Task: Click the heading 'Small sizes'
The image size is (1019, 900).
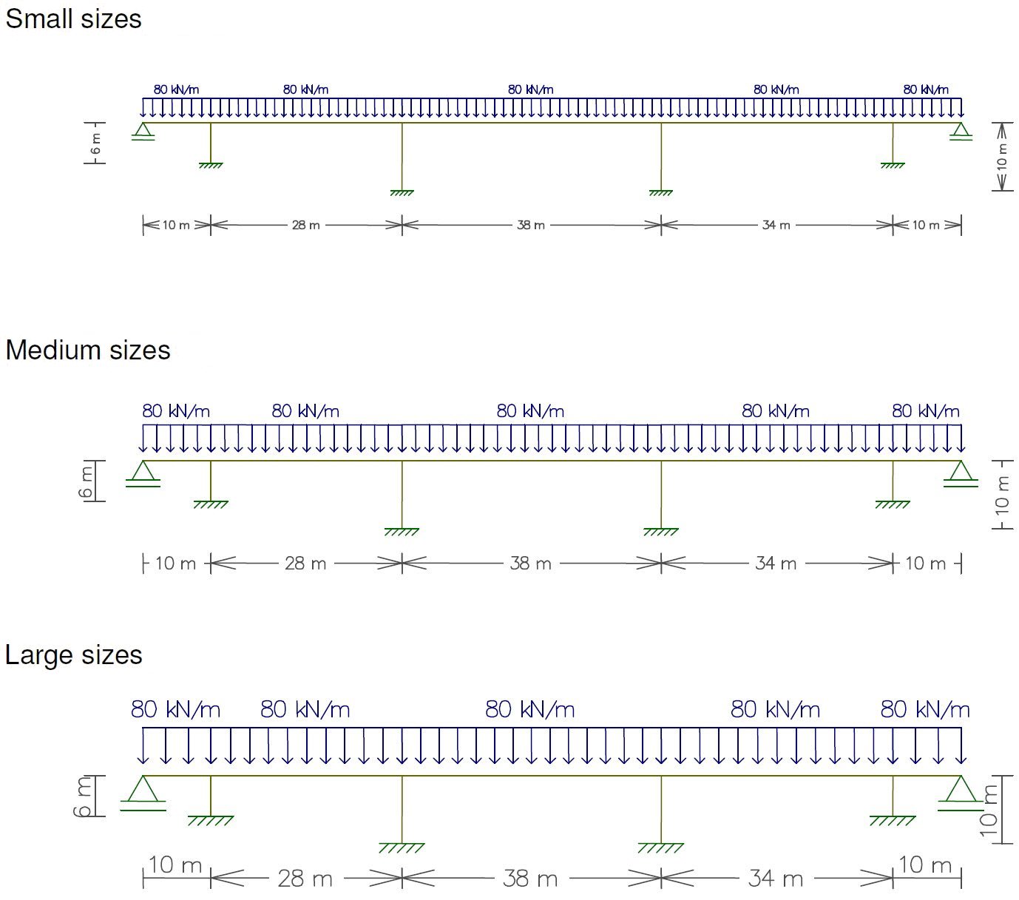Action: click(73, 19)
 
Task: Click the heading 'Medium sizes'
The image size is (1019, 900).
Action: click(87, 350)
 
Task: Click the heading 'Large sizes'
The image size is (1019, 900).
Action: click(73, 655)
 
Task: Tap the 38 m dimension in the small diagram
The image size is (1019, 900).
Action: click(530, 225)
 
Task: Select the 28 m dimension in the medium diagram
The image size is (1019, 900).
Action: click(305, 564)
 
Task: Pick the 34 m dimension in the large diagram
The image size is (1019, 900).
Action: click(775, 879)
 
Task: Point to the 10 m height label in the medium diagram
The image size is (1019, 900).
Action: click(1002, 494)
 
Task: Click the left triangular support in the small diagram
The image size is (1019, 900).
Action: click(143, 131)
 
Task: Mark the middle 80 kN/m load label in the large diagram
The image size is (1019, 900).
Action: click(529, 710)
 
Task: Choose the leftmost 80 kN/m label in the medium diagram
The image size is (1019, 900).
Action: click(176, 411)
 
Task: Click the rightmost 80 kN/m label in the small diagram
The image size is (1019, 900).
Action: click(925, 89)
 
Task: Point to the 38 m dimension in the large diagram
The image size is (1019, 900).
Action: click(529, 879)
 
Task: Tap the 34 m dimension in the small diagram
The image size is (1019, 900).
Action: click(776, 225)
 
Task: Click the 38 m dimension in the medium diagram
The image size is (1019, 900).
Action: click(530, 564)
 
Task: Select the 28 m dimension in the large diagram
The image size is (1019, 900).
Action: click(305, 879)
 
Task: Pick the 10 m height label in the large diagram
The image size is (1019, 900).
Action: click(989, 810)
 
